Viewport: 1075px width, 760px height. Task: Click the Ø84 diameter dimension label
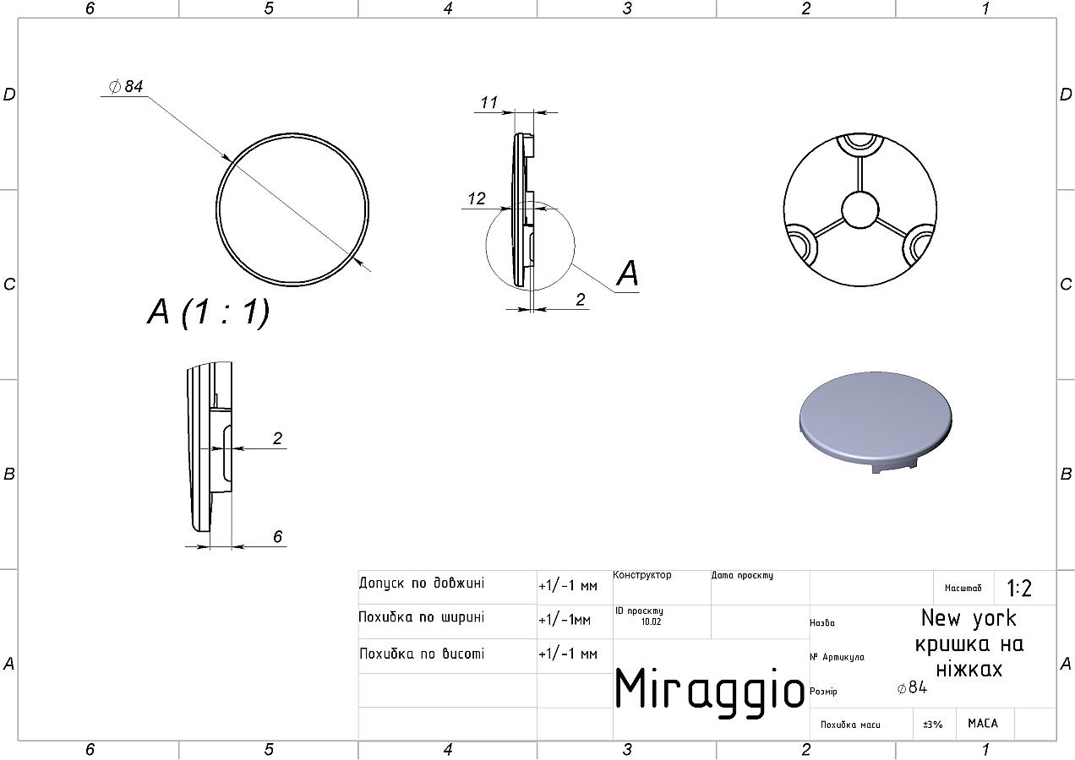coord(126,86)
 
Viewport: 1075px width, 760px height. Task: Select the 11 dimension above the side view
coord(489,102)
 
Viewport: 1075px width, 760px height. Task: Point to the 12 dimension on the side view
coord(477,198)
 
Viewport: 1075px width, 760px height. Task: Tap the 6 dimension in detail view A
coord(278,536)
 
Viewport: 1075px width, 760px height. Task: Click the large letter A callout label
coord(628,274)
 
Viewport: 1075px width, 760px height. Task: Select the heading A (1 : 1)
coord(208,312)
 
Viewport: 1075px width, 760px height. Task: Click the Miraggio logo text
coord(709,689)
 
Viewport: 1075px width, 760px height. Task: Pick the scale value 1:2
coord(1019,588)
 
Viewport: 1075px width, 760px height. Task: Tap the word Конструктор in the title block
coord(642,574)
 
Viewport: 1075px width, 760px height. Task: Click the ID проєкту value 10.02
coord(652,622)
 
